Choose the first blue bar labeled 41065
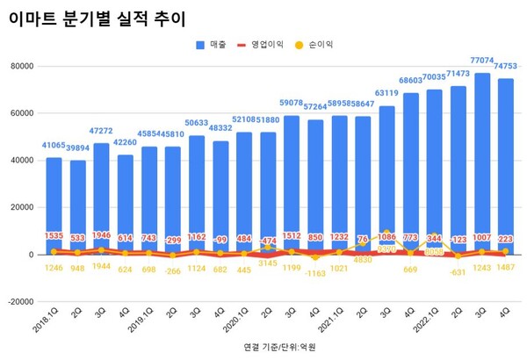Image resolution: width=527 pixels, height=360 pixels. (54, 206)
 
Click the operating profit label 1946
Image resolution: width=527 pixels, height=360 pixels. (102, 236)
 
